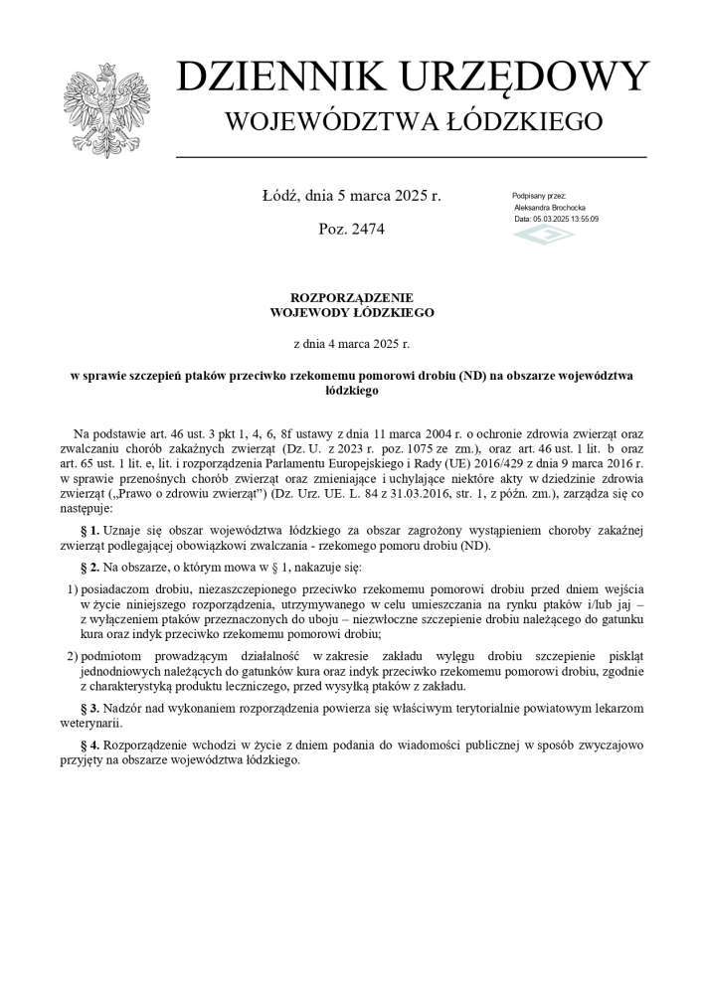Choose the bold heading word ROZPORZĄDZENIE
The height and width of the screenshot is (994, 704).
click(351, 297)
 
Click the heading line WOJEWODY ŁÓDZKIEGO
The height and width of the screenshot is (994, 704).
click(351, 312)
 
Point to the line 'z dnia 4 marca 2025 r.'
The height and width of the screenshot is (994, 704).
click(351, 344)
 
